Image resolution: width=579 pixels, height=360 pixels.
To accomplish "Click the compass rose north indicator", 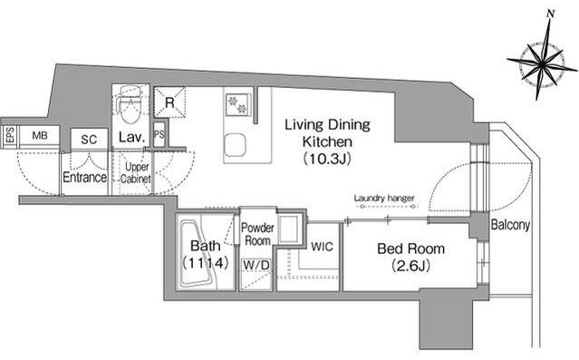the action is (551, 14).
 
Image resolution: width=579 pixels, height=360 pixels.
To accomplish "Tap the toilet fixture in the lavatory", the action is (130, 104).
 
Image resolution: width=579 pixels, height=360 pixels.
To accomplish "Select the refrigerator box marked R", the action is (169, 102).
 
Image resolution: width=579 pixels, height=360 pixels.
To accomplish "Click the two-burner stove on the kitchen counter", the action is (237, 104).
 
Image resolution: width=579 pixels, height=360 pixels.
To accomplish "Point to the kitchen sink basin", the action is (235, 145).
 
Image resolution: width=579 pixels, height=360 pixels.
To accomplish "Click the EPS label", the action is (10, 135).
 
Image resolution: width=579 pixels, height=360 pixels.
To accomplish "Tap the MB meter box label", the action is (40, 136).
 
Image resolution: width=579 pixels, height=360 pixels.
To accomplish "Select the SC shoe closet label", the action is (89, 140).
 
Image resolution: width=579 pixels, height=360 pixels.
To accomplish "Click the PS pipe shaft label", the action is (159, 134).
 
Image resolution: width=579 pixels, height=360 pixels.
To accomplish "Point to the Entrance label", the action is (85, 178).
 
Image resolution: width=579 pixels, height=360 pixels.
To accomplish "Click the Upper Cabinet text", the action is (136, 173).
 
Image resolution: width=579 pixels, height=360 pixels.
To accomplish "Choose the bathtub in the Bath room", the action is (198, 255).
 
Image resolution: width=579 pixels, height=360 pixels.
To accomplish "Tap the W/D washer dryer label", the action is (256, 265).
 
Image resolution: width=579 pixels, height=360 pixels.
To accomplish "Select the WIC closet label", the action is (322, 247).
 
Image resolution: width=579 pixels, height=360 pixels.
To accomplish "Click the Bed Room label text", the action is (411, 248).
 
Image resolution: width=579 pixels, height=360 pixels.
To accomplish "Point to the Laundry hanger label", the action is (384, 198).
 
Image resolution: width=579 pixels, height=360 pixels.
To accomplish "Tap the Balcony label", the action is (511, 225).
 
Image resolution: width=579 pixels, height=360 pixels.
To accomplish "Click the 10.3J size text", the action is (327, 159).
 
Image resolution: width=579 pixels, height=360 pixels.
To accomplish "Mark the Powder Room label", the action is (257, 234).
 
